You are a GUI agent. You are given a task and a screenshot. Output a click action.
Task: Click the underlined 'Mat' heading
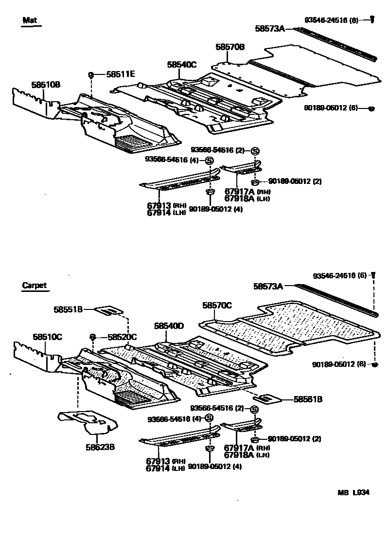[30, 20]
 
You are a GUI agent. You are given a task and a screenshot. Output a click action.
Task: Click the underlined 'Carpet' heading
[35, 286]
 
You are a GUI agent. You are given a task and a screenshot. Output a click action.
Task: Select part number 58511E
[121, 74]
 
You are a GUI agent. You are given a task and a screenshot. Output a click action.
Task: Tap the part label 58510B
[46, 85]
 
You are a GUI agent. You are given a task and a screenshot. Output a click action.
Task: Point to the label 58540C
[181, 64]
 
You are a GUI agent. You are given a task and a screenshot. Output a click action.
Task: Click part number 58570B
[230, 47]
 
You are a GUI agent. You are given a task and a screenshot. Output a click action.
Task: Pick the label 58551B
[68, 309]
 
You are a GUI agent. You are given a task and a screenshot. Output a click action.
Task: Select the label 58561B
[308, 399]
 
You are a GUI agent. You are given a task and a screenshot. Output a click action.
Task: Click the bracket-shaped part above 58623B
[88, 421]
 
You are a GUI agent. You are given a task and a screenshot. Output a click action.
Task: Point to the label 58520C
[122, 337]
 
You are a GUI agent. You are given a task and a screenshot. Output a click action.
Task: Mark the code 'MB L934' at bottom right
[354, 492]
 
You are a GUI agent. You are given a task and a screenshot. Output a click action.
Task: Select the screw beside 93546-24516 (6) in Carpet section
[373, 275]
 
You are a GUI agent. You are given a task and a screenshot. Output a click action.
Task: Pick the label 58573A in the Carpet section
[268, 287]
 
